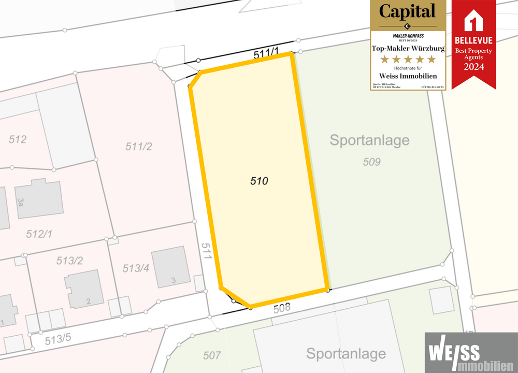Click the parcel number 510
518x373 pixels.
[x=259, y=181]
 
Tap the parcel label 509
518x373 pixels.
[x=372, y=162]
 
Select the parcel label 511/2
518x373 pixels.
[x=139, y=147]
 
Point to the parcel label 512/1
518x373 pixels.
[x=39, y=234]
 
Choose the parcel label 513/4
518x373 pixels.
[x=137, y=268]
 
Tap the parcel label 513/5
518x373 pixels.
[x=58, y=340]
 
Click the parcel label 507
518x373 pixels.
[x=212, y=355]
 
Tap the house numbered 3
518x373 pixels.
[x=170, y=266]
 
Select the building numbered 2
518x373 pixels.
[x=84, y=288]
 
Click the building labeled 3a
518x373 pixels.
[x=39, y=198]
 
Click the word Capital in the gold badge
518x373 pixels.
[x=408, y=11]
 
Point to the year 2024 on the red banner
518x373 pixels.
[x=474, y=67]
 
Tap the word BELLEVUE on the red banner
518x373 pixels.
[x=474, y=40]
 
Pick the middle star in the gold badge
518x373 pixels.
[x=408, y=60]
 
